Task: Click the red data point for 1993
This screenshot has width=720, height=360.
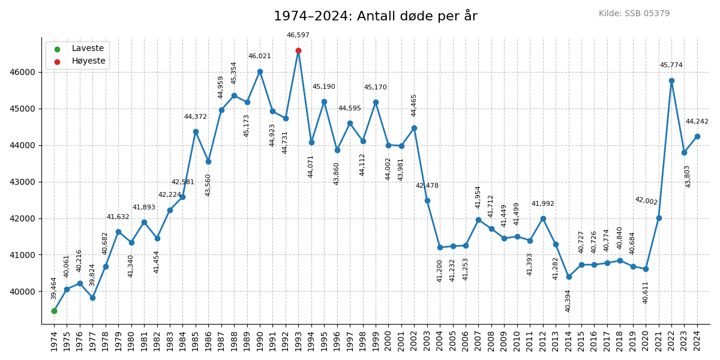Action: (x=298, y=50)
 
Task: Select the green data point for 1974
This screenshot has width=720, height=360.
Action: (x=54, y=311)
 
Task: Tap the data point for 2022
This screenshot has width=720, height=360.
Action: (x=671, y=80)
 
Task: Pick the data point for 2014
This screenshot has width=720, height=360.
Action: (x=569, y=277)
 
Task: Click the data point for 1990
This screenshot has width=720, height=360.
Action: (x=260, y=71)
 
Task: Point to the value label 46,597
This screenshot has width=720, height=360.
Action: (x=298, y=35)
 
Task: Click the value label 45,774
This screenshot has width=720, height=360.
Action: (x=671, y=65)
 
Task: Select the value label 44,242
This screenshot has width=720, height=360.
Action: (x=697, y=122)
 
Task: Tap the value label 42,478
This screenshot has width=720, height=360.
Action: (x=427, y=186)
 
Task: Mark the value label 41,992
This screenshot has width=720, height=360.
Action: (x=543, y=204)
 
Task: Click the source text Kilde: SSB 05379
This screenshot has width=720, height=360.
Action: (x=634, y=14)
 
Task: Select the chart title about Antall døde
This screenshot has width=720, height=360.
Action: (x=376, y=16)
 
